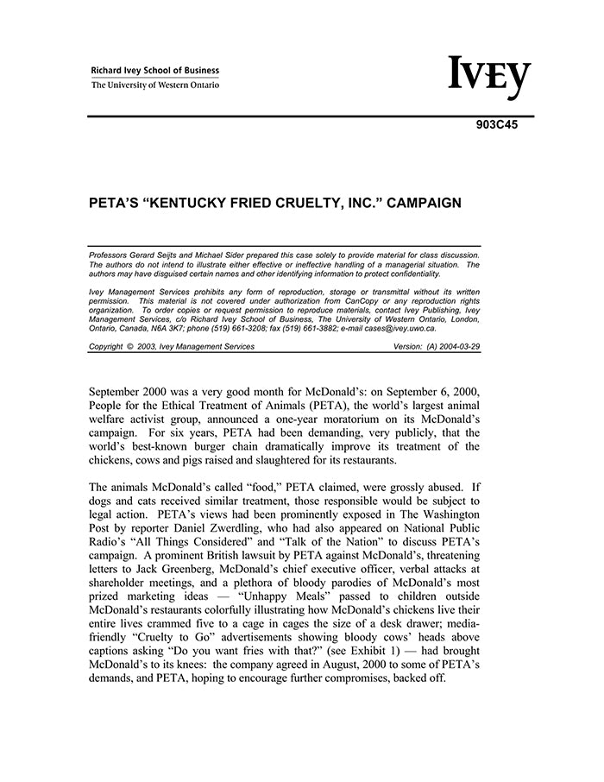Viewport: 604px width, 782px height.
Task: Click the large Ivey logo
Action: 489,78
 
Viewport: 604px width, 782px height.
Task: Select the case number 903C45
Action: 497,123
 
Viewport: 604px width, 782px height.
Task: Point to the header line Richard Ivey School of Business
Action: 155,71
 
